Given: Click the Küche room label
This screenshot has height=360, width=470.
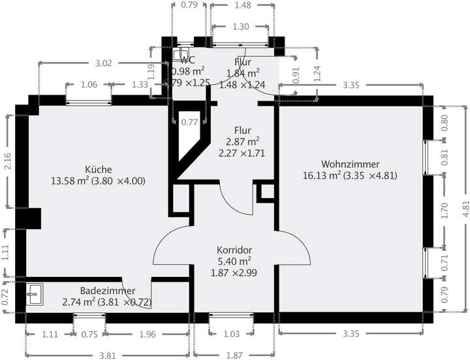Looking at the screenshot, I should pyautogui.click(x=98, y=167).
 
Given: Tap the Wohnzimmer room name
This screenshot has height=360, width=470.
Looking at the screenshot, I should pyautogui.click(x=350, y=163).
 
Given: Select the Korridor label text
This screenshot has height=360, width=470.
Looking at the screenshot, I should pyautogui.click(x=234, y=250).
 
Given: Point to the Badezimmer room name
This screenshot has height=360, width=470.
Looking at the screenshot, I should pyautogui.click(x=108, y=291).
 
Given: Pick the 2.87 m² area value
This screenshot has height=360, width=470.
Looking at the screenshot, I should pyautogui.click(x=243, y=142).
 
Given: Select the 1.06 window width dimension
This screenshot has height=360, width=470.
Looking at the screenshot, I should pyautogui.click(x=88, y=85).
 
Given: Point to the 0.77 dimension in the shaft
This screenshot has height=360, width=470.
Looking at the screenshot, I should pyautogui.click(x=189, y=122).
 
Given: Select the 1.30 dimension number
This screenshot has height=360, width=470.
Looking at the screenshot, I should pyautogui.click(x=240, y=27).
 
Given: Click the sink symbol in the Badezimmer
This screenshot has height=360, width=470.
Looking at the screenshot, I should pyautogui.click(x=34, y=295).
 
